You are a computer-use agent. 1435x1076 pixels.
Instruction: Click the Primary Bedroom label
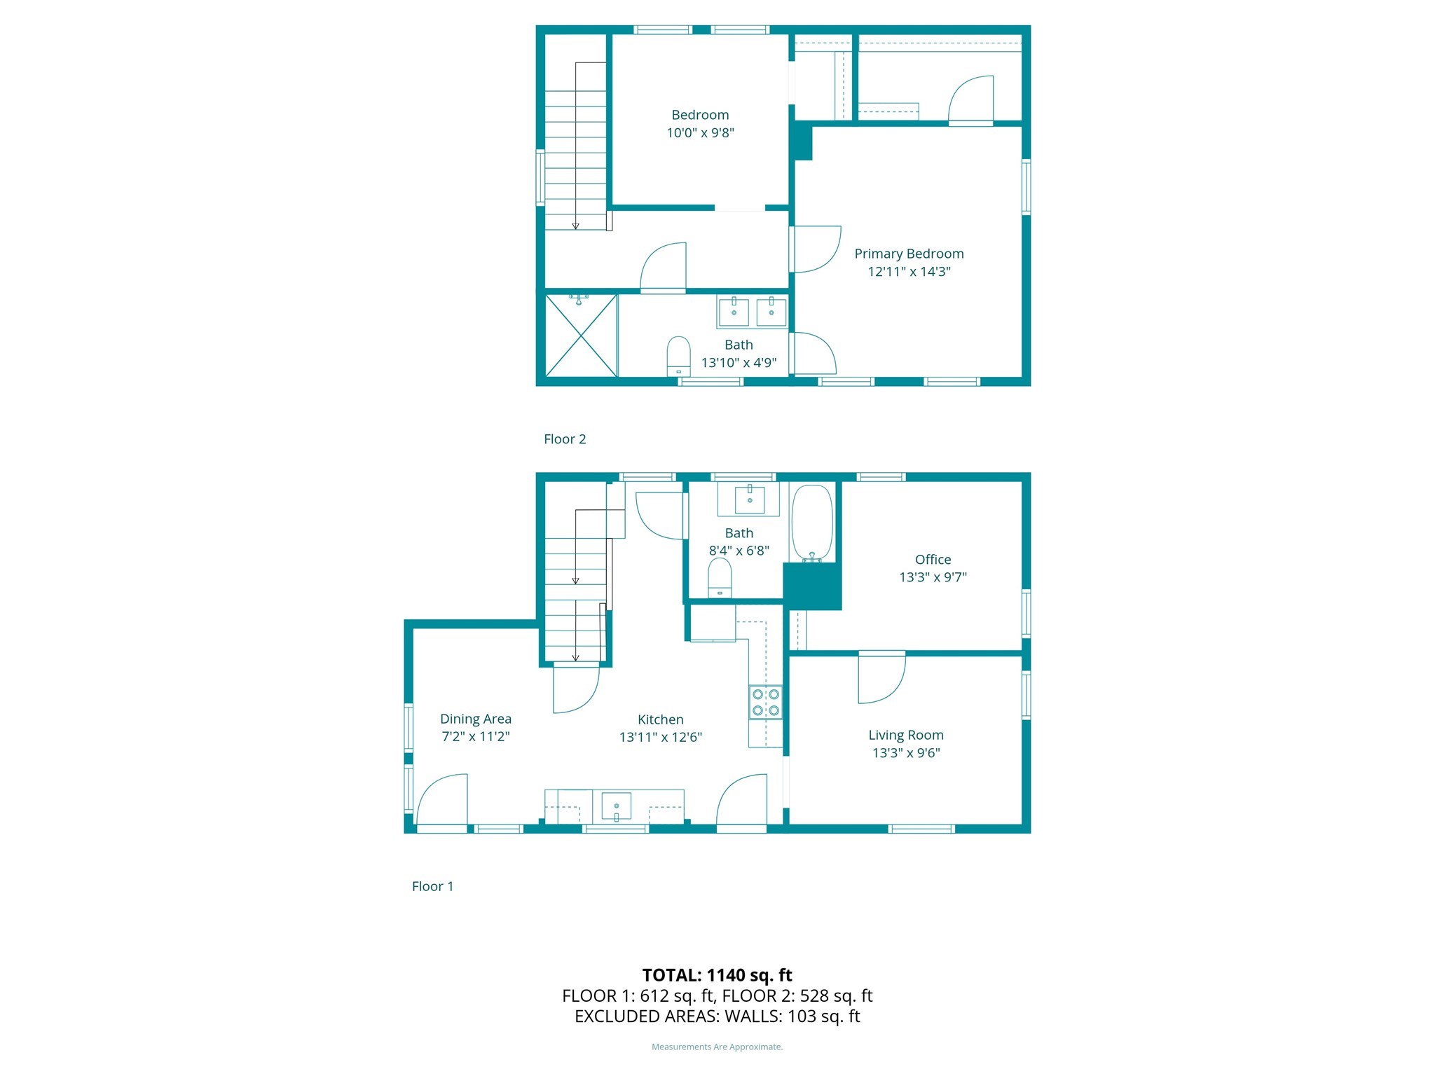click(x=909, y=254)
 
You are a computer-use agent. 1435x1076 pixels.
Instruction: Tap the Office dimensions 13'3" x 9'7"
click(x=933, y=577)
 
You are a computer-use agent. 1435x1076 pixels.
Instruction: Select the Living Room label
click(x=905, y=735)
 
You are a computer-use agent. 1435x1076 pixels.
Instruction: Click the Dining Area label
click(x=475, y=719)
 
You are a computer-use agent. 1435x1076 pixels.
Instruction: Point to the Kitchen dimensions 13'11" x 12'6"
click(x=660, y=737)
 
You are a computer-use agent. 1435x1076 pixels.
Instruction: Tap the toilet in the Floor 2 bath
click(x=678, y=356)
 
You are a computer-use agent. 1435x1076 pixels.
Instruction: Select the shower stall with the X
click(x=581, y=336)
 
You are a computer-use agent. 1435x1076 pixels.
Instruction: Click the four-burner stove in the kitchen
click(x=765, y=702)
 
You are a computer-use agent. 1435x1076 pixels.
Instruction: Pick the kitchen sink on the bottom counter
click(x=616, y=806)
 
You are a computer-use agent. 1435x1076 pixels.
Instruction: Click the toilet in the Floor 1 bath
click(x=720, y=578)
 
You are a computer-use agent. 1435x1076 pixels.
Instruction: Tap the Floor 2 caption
click(x=565, y=439)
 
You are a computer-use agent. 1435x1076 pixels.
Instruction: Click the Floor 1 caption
click(x=432, y=886)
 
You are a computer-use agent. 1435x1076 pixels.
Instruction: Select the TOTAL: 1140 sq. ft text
click(x=717, y=975)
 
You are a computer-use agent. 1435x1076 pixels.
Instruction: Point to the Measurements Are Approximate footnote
click(x=717, y=1047)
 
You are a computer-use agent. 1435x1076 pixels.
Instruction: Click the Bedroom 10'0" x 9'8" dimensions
click(x=700, y=133)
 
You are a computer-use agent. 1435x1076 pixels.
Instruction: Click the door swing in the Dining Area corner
click(x=443, y=800)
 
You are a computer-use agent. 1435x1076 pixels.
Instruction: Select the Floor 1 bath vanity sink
click(x=749, y=499)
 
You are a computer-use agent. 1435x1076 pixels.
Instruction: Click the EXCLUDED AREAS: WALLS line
click(x=717, y=1016)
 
